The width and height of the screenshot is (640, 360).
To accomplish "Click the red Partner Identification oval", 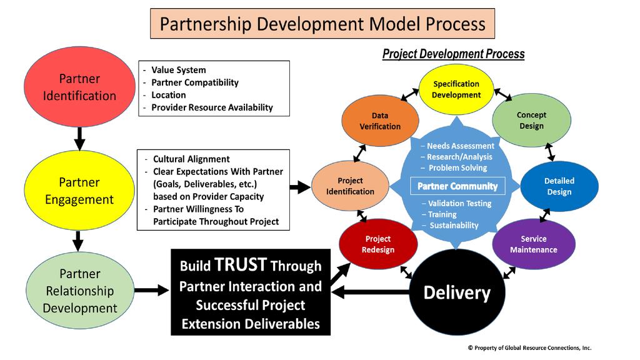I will click(x=79, y=87).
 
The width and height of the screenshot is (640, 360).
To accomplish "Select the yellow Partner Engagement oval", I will click(x=79, y=191).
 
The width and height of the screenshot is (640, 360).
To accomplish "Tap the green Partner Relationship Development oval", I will click(x=79, y=291).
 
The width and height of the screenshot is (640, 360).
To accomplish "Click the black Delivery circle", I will click(x=457, y=292).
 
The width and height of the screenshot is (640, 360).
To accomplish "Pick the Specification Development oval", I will click(x=456, y=89).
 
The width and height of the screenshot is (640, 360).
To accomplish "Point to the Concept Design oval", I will click(x=531, y=120).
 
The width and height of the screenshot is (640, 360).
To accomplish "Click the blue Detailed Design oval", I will click(x=559, y=186).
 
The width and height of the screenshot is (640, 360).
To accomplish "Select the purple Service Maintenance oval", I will click(x=533, y=244).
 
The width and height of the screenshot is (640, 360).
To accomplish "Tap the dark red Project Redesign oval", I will click(x=378, y=244).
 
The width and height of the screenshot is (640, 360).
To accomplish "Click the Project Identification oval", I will click(x=350, y=186).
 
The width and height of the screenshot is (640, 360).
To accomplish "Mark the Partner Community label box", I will click(x=457, y=186).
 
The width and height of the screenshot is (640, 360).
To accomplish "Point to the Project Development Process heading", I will click(x=453, y=54).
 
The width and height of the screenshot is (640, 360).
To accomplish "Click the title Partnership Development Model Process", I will click(x=322, y=24).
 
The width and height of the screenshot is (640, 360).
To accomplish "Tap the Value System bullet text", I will click(x=178, y=70).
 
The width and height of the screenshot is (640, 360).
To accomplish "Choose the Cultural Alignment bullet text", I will click(x=191, y=159).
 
